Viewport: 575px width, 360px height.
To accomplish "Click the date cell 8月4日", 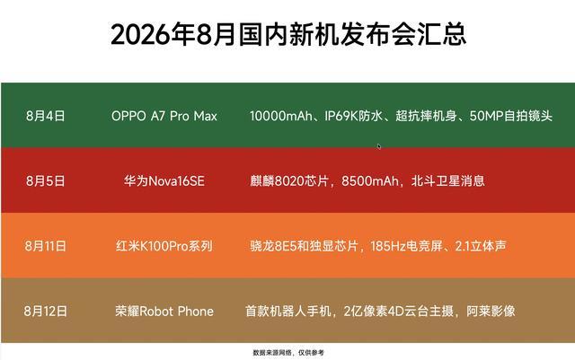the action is click(46, 116).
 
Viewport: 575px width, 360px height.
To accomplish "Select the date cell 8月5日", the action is click(46, 180).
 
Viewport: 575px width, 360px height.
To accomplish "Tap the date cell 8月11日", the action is click(46, 246).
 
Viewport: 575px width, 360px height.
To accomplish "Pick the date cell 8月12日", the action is click(46, 311).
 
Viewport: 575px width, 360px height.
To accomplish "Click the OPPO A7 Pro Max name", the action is click(164, 116).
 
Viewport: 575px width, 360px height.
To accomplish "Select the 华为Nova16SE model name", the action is click(164, 180).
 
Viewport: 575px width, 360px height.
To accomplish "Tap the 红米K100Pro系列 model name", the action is click(164, 246).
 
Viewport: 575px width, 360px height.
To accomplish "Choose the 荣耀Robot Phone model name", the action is click(164, 311).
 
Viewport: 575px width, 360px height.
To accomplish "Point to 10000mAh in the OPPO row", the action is click(281, 116).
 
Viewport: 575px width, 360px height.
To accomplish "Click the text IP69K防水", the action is click(353, 116).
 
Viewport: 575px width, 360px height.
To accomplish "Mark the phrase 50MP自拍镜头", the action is click(511, 116).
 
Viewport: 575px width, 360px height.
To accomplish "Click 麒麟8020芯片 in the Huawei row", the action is click(289, 180).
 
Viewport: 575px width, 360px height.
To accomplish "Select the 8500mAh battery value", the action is click(369, 180).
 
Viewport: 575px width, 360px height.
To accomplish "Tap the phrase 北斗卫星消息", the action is click(447, 180).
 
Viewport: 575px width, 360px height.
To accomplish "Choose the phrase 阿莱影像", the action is click(491, 311).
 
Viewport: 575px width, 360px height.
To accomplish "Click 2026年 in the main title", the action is click(152, 34).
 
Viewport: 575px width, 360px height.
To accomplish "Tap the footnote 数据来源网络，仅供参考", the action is click(288, 353).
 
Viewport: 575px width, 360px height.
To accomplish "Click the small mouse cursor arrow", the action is click(379, 146).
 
